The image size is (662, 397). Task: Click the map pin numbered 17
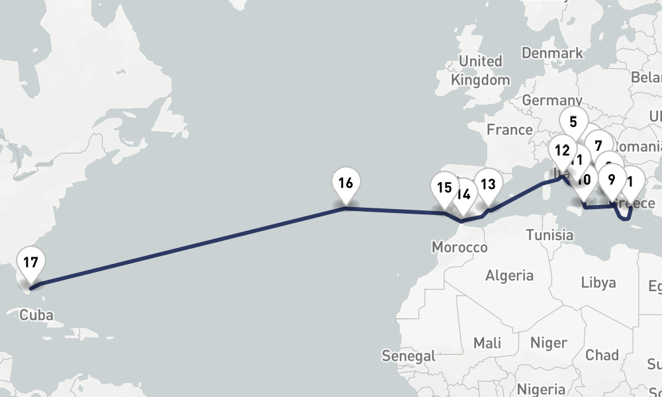[x=30, y=263]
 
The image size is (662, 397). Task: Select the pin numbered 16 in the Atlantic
[x=346, y=183]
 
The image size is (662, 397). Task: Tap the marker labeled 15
[x=444, y=188]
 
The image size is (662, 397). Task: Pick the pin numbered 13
[x=488, y=185]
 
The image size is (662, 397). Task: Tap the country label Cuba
[x=36, y=315]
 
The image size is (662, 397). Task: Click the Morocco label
[x=459, y=247]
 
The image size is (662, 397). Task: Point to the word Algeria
[x=509, y=275]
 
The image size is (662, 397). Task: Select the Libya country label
[x=598, y=283]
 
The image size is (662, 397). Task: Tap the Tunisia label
[x=550, y=235]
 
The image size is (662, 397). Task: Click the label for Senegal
[x=408, y=356]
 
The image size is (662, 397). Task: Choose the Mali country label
[x=487, y=343]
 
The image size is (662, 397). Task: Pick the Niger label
[x=549, y=343]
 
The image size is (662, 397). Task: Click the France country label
[x=510, y=130]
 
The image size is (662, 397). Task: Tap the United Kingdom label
[x=481, y=70]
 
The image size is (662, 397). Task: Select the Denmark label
[x=552, y=53]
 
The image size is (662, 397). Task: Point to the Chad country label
[x=602, y=355]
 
